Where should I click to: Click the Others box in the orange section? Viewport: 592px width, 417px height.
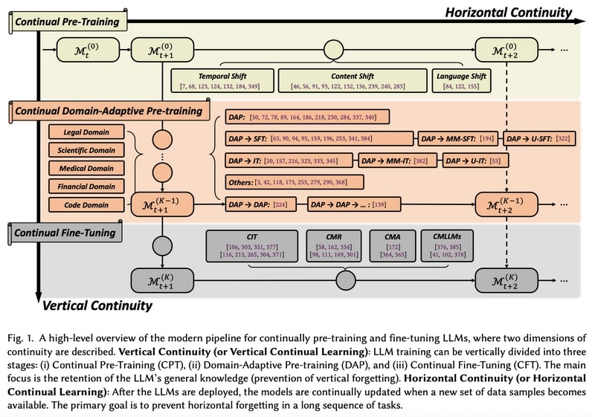point(295,181)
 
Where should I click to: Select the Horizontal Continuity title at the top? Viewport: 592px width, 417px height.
point(508,12)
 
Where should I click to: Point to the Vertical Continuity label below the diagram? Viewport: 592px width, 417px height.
point(97,305)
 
